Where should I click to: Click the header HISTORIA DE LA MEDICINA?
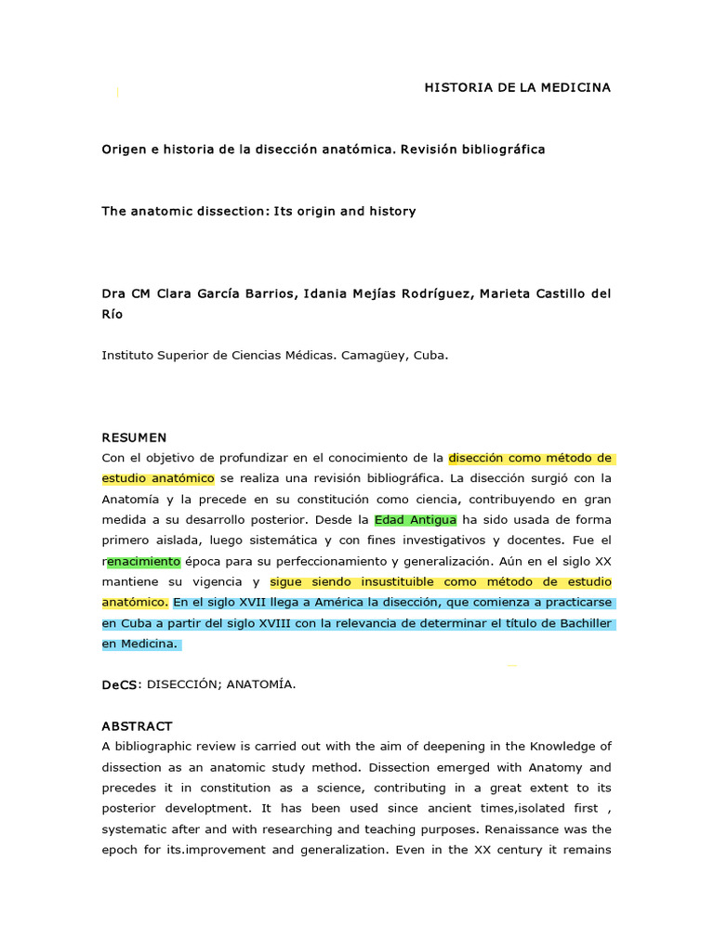(x=518, y=87)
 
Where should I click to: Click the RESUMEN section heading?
(x=134, y=437)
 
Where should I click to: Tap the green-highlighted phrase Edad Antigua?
(x=416, y=520)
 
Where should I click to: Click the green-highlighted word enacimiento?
(x=144, y=561)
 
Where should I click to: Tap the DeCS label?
(x=119, y=684)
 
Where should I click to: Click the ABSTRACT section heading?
(x=137, y=726)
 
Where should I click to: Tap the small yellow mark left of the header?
(x=117, y=91)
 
